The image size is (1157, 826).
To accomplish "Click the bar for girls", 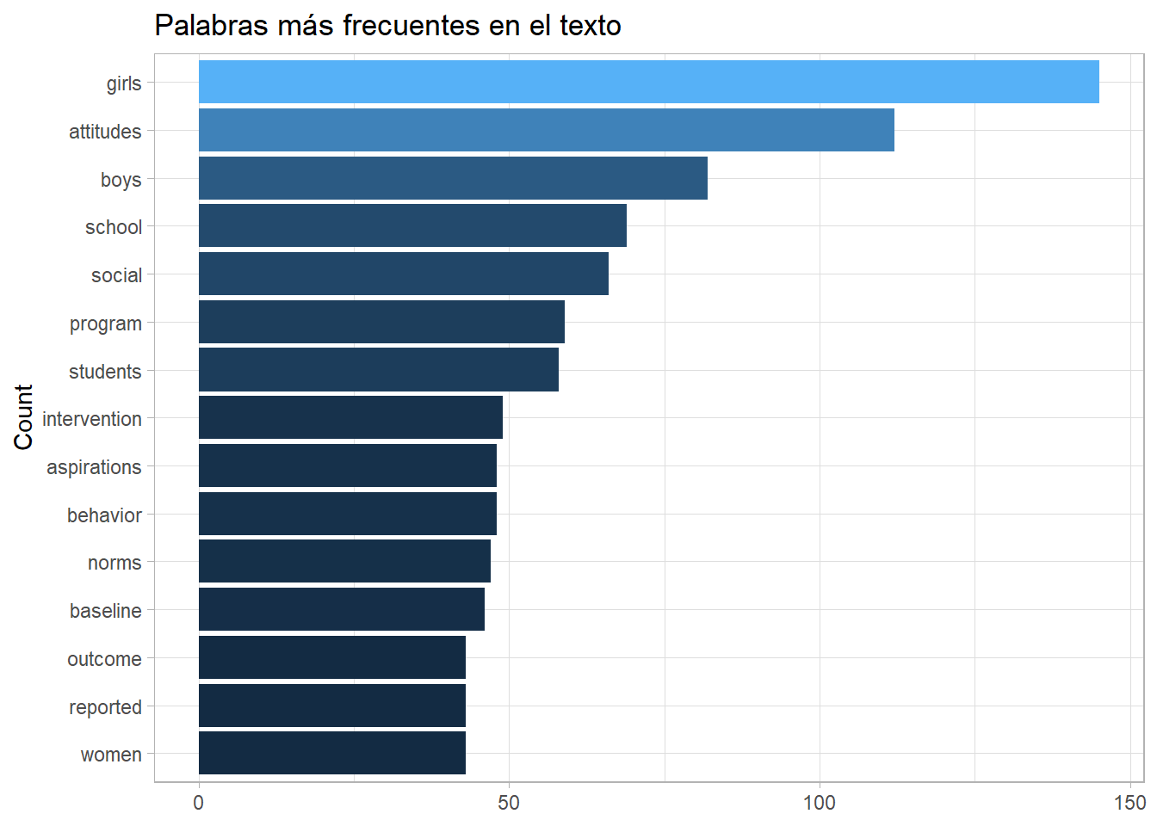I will click(648, 82).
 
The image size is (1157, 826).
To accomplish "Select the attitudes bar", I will click(546, 130).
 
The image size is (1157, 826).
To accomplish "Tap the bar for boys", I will click(453, 178).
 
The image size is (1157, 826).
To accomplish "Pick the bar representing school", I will click(412, 225).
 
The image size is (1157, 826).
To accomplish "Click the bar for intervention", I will click(350, 417).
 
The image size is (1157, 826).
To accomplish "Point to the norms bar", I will click(344, 561).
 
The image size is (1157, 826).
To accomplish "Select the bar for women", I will click(331, 753).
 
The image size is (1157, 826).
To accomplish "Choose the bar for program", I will click(381, 322).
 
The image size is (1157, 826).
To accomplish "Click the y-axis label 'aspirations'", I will click(94, 467).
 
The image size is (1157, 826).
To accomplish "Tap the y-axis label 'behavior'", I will click(104, 515).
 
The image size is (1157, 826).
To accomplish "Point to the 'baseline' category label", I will click(105, 611).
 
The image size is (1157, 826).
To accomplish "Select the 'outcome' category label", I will click(104, 659).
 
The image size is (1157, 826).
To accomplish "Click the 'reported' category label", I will click(105, 707).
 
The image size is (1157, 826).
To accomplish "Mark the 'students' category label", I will click(105, 372).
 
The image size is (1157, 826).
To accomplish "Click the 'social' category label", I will click(116, 275).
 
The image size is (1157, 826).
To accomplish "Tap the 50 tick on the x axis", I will click(509, 803).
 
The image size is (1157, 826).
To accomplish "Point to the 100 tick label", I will click(819, 803).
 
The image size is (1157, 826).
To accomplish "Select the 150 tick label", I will click(1129, 803).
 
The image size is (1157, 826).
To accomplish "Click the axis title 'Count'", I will click(23, 417).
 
